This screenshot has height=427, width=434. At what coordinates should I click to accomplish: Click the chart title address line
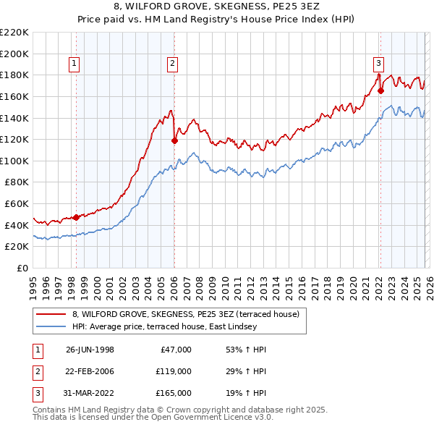[217, 7]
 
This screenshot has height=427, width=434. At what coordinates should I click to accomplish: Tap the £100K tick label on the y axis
[14, 161]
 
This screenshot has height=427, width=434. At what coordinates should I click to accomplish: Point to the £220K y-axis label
[14, 33]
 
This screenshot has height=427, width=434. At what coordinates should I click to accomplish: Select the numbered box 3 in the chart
[379, 63]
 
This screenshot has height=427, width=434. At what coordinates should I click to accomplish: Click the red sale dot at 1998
[77, 217]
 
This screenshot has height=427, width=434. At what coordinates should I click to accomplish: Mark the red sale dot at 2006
[174, 140]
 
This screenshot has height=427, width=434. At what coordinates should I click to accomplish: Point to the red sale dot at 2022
[380, 91]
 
